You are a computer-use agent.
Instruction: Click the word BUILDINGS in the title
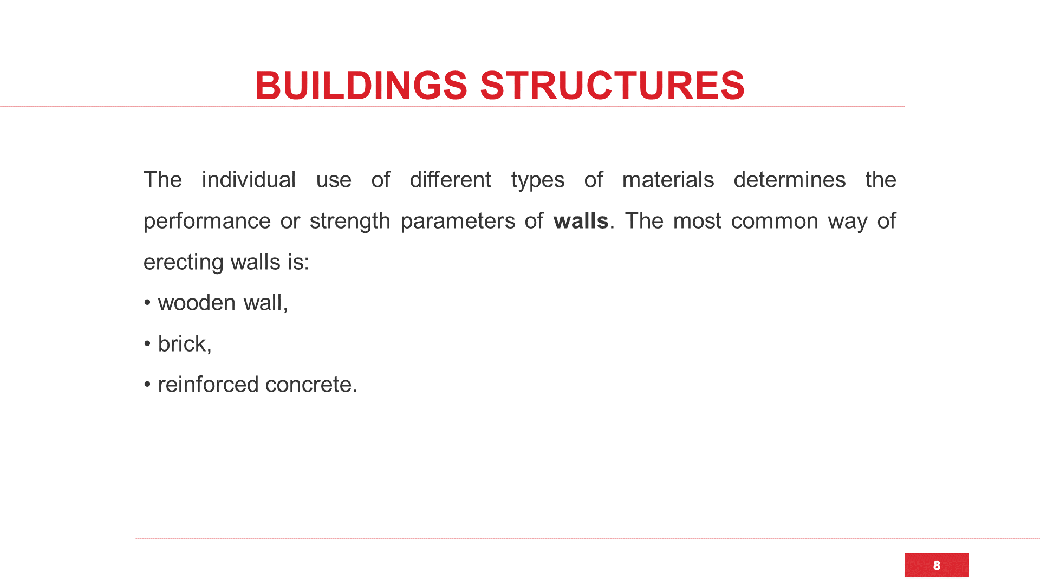[361, 86]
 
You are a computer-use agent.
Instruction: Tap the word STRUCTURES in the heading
[613, 86]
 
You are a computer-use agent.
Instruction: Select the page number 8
[937, 565]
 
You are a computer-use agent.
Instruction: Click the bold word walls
[581, 221]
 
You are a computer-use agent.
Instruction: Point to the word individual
[249, 180]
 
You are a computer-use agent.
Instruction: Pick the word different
[450, 180]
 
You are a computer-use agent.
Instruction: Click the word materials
[668, 180]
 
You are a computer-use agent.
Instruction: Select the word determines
[789, 180]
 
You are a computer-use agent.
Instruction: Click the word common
[775, 222]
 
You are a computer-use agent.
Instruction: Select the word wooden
[197, 303]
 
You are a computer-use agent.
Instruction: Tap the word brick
[182, 344]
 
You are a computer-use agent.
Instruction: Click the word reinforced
[208, 385]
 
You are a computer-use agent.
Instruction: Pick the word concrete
[309, 385]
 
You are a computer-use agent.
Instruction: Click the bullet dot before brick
[147, 344]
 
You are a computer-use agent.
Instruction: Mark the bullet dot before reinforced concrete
[147, 385]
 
